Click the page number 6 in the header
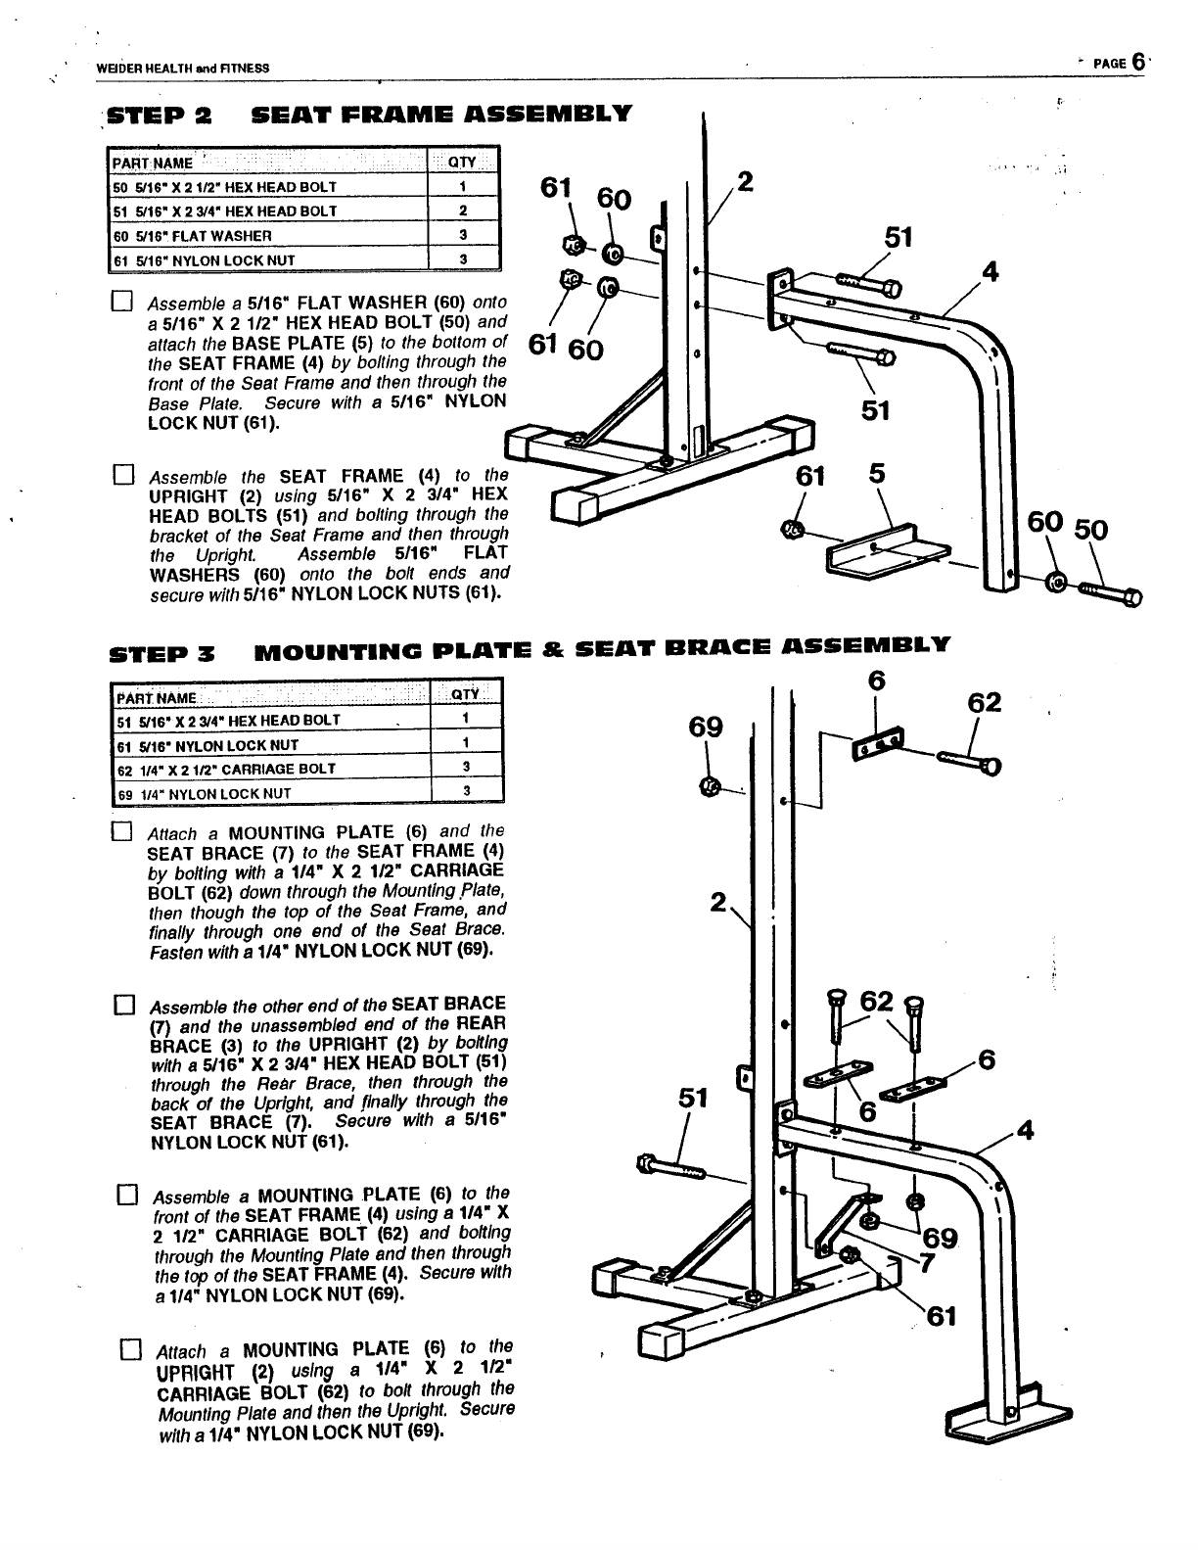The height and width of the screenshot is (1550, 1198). point(1137,62)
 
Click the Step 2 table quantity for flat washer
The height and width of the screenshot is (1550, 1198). point(463,235)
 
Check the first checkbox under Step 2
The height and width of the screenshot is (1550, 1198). point(122,301)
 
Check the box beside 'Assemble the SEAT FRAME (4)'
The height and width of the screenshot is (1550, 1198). point(122,477)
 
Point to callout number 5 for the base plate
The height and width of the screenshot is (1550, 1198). point(877,474)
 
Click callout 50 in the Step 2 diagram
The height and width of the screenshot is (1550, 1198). point(1091,530)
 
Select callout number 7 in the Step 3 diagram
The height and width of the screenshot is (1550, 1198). point(925,1262)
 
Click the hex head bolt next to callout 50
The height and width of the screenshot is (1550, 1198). point(1112,590)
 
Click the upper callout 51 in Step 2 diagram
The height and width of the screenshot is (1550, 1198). point(898,238)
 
